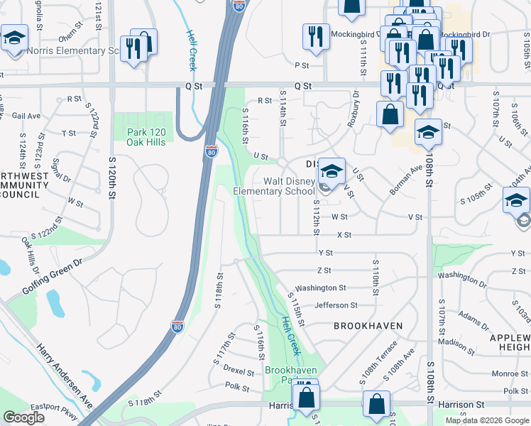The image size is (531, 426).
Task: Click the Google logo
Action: tap(24, 417)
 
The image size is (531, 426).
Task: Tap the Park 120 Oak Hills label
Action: tap(146, 137)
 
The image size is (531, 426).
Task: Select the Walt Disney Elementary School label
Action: tap(289, 186)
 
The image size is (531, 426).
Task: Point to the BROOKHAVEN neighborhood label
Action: tap(368, 326)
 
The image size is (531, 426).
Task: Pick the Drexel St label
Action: tap(239, 371)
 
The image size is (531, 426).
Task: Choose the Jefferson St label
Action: tap(336, 305)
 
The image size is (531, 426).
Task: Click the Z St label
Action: tap(324, 271)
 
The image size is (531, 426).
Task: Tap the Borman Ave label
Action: tap(405, 181)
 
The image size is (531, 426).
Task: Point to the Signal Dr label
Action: tap(62, 170)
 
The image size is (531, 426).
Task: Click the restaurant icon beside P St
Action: tap(315, 37)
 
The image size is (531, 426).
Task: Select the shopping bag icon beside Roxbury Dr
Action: tap(390, 114)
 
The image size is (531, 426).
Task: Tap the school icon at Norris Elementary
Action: tap(13, 38)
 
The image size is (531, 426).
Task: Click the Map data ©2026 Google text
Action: tap(487, 420)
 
